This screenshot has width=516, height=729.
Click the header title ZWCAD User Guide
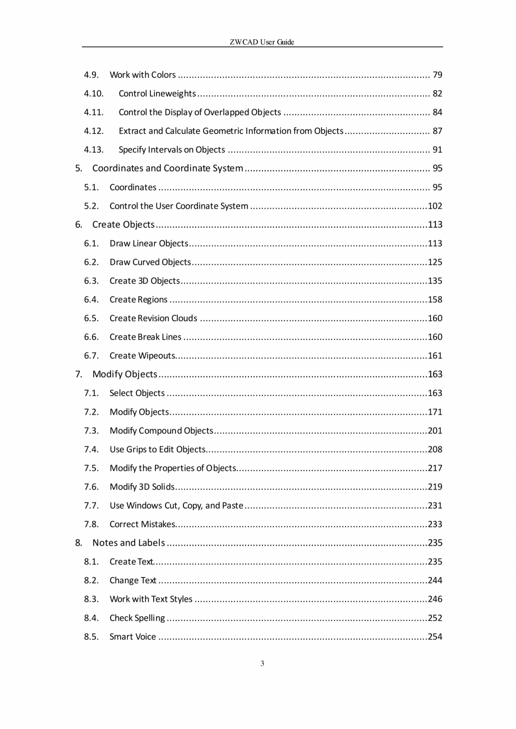262,42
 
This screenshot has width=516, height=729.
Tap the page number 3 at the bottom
262,664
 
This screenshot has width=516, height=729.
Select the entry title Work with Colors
142,75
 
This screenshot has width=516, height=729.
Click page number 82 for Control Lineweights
437,94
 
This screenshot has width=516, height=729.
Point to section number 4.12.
94,131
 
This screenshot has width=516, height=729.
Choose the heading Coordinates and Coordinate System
167,168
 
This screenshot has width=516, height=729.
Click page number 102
435,206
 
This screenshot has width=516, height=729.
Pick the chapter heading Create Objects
123,225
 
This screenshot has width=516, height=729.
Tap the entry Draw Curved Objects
150,262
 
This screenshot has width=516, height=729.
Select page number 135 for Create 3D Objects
435,281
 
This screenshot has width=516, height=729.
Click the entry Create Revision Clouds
153,319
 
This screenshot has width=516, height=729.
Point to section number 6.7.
91,356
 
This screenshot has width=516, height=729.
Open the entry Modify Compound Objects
161,431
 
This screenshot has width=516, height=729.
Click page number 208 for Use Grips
435,449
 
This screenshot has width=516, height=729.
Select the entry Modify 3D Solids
142,487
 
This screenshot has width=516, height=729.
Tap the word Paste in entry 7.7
232,506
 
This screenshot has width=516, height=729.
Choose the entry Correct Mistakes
142,524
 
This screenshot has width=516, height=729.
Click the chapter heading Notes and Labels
128,543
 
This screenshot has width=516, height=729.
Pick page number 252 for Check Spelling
435,618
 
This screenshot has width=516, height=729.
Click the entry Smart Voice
133,636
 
